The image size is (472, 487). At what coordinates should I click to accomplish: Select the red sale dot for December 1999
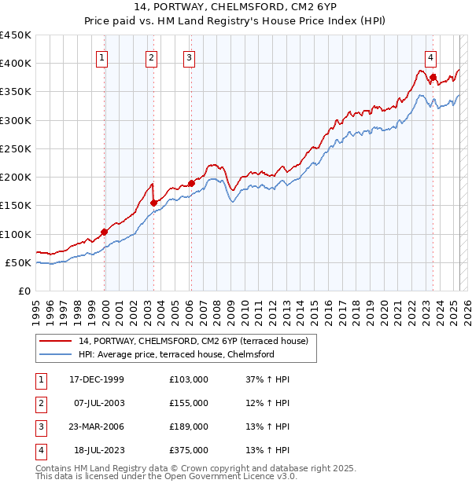[x=104, y=232]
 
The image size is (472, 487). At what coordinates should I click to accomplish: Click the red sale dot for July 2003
[x=153, y=203]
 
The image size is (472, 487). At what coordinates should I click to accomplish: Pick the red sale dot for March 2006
[x=191, y=183]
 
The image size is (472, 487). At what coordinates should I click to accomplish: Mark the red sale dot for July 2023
[x=433, y=77]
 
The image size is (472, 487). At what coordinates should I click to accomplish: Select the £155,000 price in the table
[x=189, y=403]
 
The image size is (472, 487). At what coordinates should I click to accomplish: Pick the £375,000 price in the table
[x=189, y=450]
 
